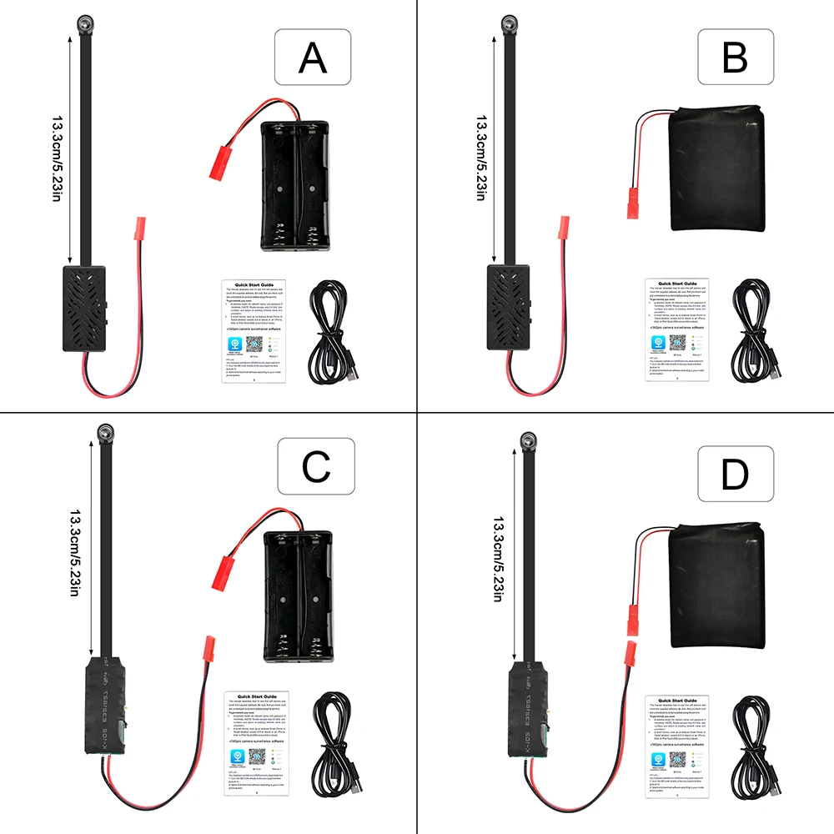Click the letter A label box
tap(313, 58)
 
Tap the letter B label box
tap(736, 58)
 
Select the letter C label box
tap(316, 469)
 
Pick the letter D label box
tap(736, 474)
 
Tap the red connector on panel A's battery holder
tap(224, 163)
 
